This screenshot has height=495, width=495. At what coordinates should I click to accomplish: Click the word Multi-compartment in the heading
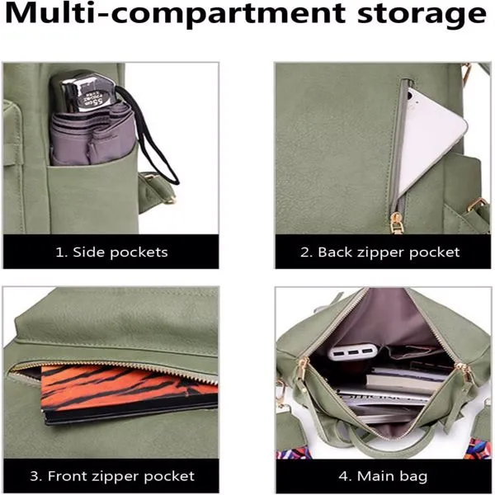tap(176, 13)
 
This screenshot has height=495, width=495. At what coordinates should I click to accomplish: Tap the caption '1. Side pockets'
tap(111, 252)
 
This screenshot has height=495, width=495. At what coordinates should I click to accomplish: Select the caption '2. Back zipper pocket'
tap(379, 252)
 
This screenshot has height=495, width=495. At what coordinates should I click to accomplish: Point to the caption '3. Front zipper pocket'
tap(112, 476)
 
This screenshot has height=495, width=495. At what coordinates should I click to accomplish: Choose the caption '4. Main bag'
tap(383, 476)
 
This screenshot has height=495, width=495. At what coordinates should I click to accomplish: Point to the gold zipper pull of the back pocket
tap(395, 224)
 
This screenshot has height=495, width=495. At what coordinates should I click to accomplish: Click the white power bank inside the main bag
tap(354, 351)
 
